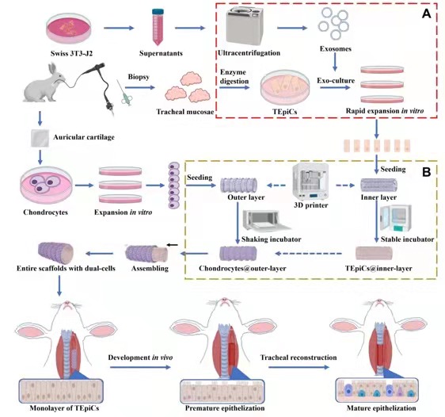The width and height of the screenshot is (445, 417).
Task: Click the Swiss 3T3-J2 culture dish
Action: point(69,29)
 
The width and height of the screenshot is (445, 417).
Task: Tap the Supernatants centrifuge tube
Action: point(158,27)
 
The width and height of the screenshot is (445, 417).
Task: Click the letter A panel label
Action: point(426,13)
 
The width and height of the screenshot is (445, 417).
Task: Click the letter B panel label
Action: point(427,172)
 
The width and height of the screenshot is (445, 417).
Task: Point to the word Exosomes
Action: point(336,48)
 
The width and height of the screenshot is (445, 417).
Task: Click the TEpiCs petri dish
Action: point(285,87)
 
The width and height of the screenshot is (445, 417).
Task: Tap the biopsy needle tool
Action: point(124,93)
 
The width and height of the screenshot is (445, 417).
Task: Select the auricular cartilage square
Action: point(40,138)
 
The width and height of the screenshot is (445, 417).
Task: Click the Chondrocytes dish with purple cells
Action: point(46,186)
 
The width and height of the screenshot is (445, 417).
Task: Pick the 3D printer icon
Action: point(310,182)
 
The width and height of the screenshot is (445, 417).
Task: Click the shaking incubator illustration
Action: point(266,220)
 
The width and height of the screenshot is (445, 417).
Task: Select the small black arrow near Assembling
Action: point(173,245)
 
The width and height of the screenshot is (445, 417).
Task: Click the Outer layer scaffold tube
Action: point(238,186)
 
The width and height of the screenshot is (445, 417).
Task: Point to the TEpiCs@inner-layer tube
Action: point(374,254)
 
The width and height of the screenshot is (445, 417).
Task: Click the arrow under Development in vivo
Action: point(140,367)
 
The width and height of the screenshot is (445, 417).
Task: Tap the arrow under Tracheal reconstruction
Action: point(299,367)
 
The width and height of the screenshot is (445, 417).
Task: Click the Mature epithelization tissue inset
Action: point(377,390)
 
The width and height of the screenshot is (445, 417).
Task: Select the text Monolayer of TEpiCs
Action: point(64,408)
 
